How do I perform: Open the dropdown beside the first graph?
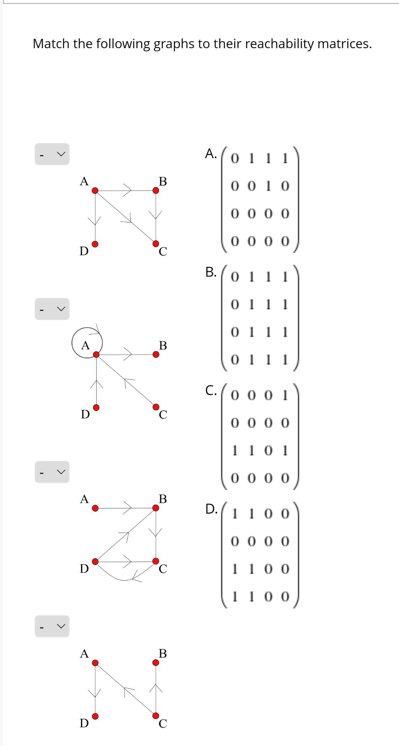52,154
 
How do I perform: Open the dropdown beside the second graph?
52,309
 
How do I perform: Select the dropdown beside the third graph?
52,472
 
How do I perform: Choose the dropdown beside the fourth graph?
52,626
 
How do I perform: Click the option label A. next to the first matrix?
211,153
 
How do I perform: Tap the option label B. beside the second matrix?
211,272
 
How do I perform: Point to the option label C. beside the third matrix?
211,390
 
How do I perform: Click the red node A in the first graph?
95,190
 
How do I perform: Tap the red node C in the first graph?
155,244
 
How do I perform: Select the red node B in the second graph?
155,354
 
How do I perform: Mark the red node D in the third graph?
95,561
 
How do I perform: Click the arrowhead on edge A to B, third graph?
129,507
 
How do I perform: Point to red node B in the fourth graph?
155,662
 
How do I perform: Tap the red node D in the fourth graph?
95,716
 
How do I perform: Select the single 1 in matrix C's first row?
286,396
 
